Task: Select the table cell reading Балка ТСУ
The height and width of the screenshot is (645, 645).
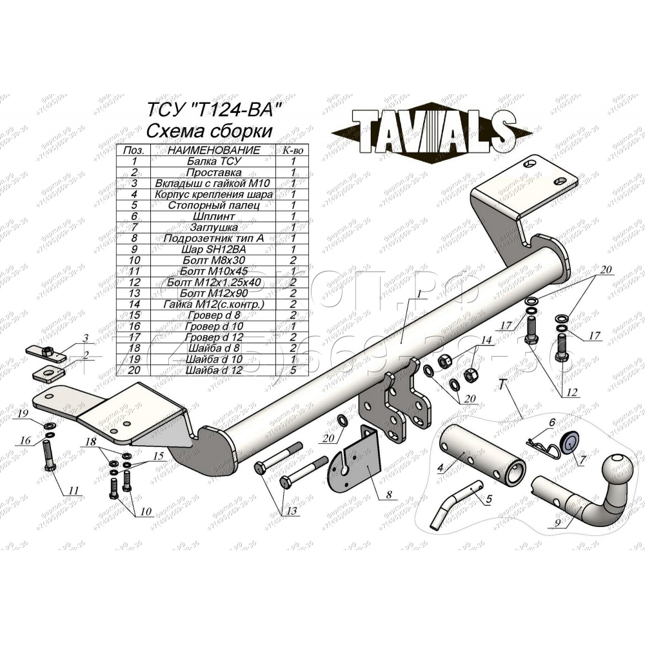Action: (x=212, y=161)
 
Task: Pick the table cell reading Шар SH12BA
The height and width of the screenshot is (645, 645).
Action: (x=212, y=249)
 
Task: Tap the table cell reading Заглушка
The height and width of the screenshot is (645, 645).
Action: (x=212, y=227)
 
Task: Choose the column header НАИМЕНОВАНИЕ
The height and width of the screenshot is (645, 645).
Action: (x=213, y=150)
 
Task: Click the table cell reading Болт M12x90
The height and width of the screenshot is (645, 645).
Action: (x=212, y=293)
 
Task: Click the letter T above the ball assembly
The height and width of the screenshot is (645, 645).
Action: (x=501, y=385)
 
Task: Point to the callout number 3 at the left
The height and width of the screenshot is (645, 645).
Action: (x=84, y=339)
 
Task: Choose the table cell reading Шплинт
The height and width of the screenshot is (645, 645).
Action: (x=212, y=216)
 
